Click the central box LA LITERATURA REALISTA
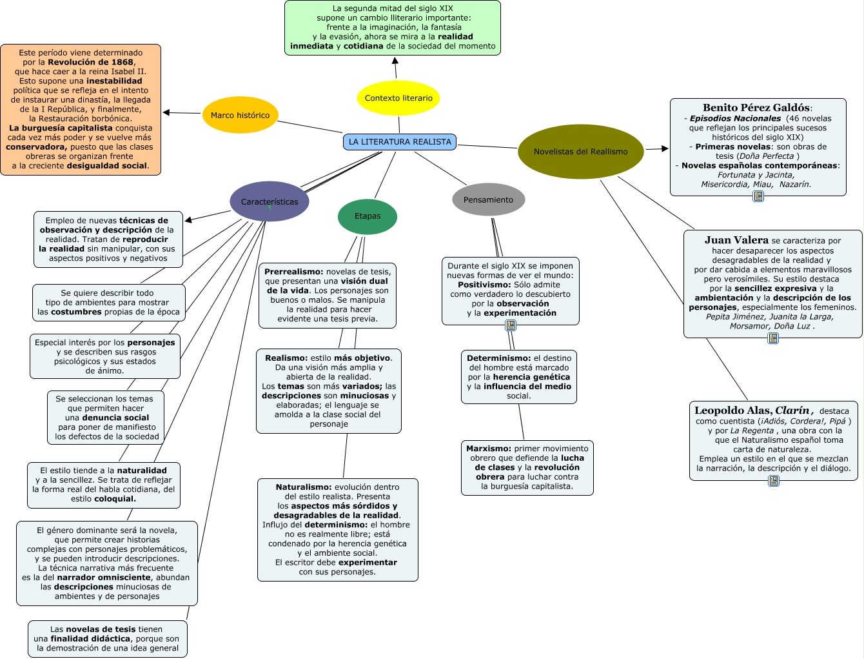(x=400, y=142)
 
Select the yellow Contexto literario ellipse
(x=398, y=98)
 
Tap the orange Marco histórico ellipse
(x=240, y=116)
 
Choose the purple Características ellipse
(x=270, y=201)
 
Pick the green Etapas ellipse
(x=368, y=216)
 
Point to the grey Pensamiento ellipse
(x=488, y=200)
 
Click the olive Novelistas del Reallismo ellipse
(x=580, y=152)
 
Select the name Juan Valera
(x=736, y=240)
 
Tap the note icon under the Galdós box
(x=758, y=196)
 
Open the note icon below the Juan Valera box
(x=773, y=338)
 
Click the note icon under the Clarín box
(x=774, y=481)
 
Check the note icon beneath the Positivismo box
(x=511, y=325)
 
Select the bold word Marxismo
(x=488, y=449)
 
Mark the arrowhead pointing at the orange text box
(x=166, y=113)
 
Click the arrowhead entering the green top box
(x=395, y=60)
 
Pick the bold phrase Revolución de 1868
(x=90, y=63)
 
